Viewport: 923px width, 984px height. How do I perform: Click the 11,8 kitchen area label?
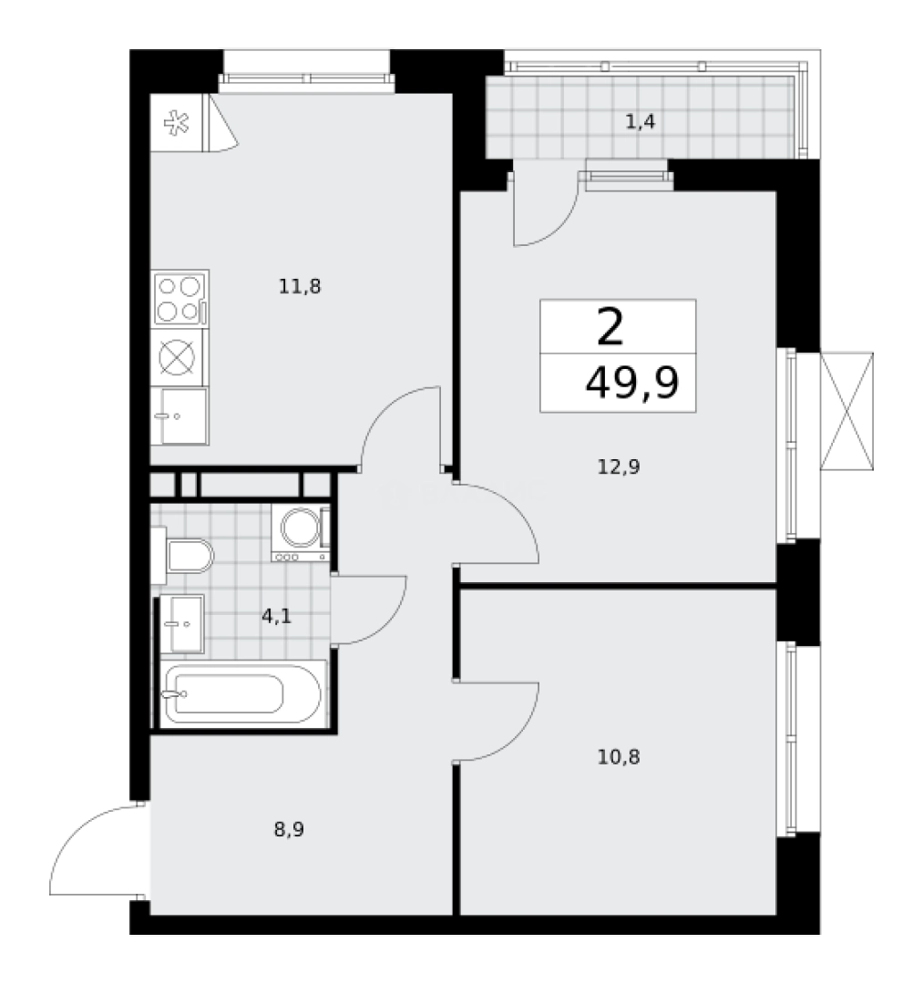click(x=301, y=287)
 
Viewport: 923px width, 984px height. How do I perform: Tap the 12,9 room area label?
click(x=619, y=467)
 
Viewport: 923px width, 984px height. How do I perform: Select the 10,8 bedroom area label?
click(x=618, y=755)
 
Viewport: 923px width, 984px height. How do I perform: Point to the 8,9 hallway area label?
click(x=288, y=829)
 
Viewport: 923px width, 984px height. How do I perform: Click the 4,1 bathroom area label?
click(x=277, y=615)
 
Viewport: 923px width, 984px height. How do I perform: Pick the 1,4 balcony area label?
click(x=641, y=121)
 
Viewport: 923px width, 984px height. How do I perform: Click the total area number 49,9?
click(x=631, y=384)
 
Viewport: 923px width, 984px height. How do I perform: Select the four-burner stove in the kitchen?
click(x=179, y=298)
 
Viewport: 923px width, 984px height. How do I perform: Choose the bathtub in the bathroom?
click(x=241, y=694)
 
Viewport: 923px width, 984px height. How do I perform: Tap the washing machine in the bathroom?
click(x=300, y=533)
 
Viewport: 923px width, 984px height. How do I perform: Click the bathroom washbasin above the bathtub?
click(x=182, y=623)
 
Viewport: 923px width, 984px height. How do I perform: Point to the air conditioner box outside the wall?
click(x=850, y=411)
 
